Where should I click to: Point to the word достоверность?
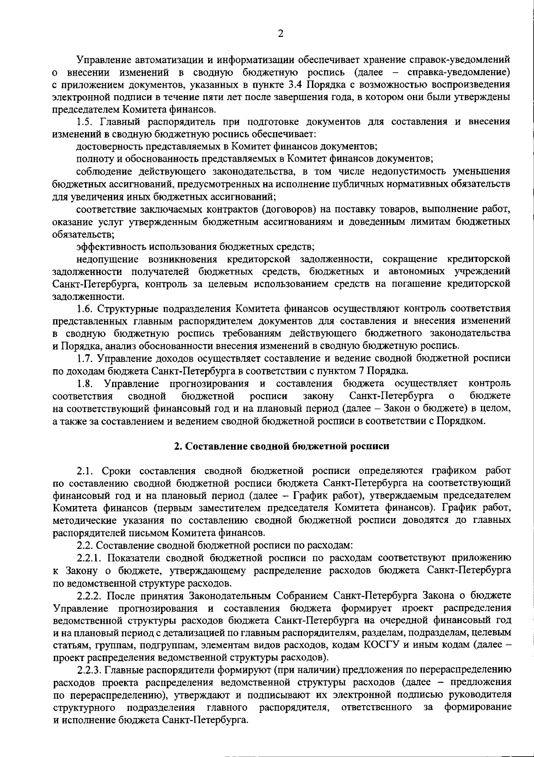tap(105, 146)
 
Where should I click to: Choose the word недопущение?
tap(105, 259)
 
